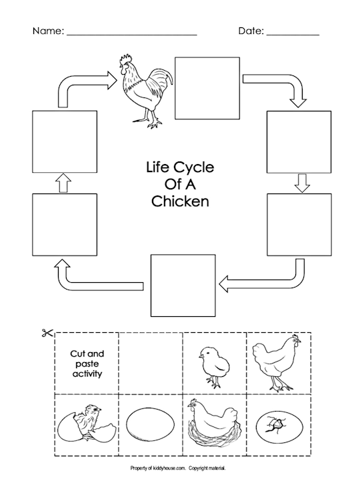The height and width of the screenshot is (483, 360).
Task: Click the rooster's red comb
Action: pos(126,59)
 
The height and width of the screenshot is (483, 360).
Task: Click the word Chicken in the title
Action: pos(180,201)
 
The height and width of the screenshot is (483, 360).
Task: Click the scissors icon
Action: pos(48,333)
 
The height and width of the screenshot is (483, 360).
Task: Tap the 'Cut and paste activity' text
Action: pos(87,364)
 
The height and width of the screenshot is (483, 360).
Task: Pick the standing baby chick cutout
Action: pos(214,366)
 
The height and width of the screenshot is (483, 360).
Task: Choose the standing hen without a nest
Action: pos(276,363)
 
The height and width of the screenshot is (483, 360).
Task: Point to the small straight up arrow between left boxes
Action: pos(63,183)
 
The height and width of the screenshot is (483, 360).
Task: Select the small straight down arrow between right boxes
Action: pos(302,183)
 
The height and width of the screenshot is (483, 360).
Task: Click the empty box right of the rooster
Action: pos(207,88)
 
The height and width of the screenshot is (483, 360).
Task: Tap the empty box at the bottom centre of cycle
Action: pos(183,286)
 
